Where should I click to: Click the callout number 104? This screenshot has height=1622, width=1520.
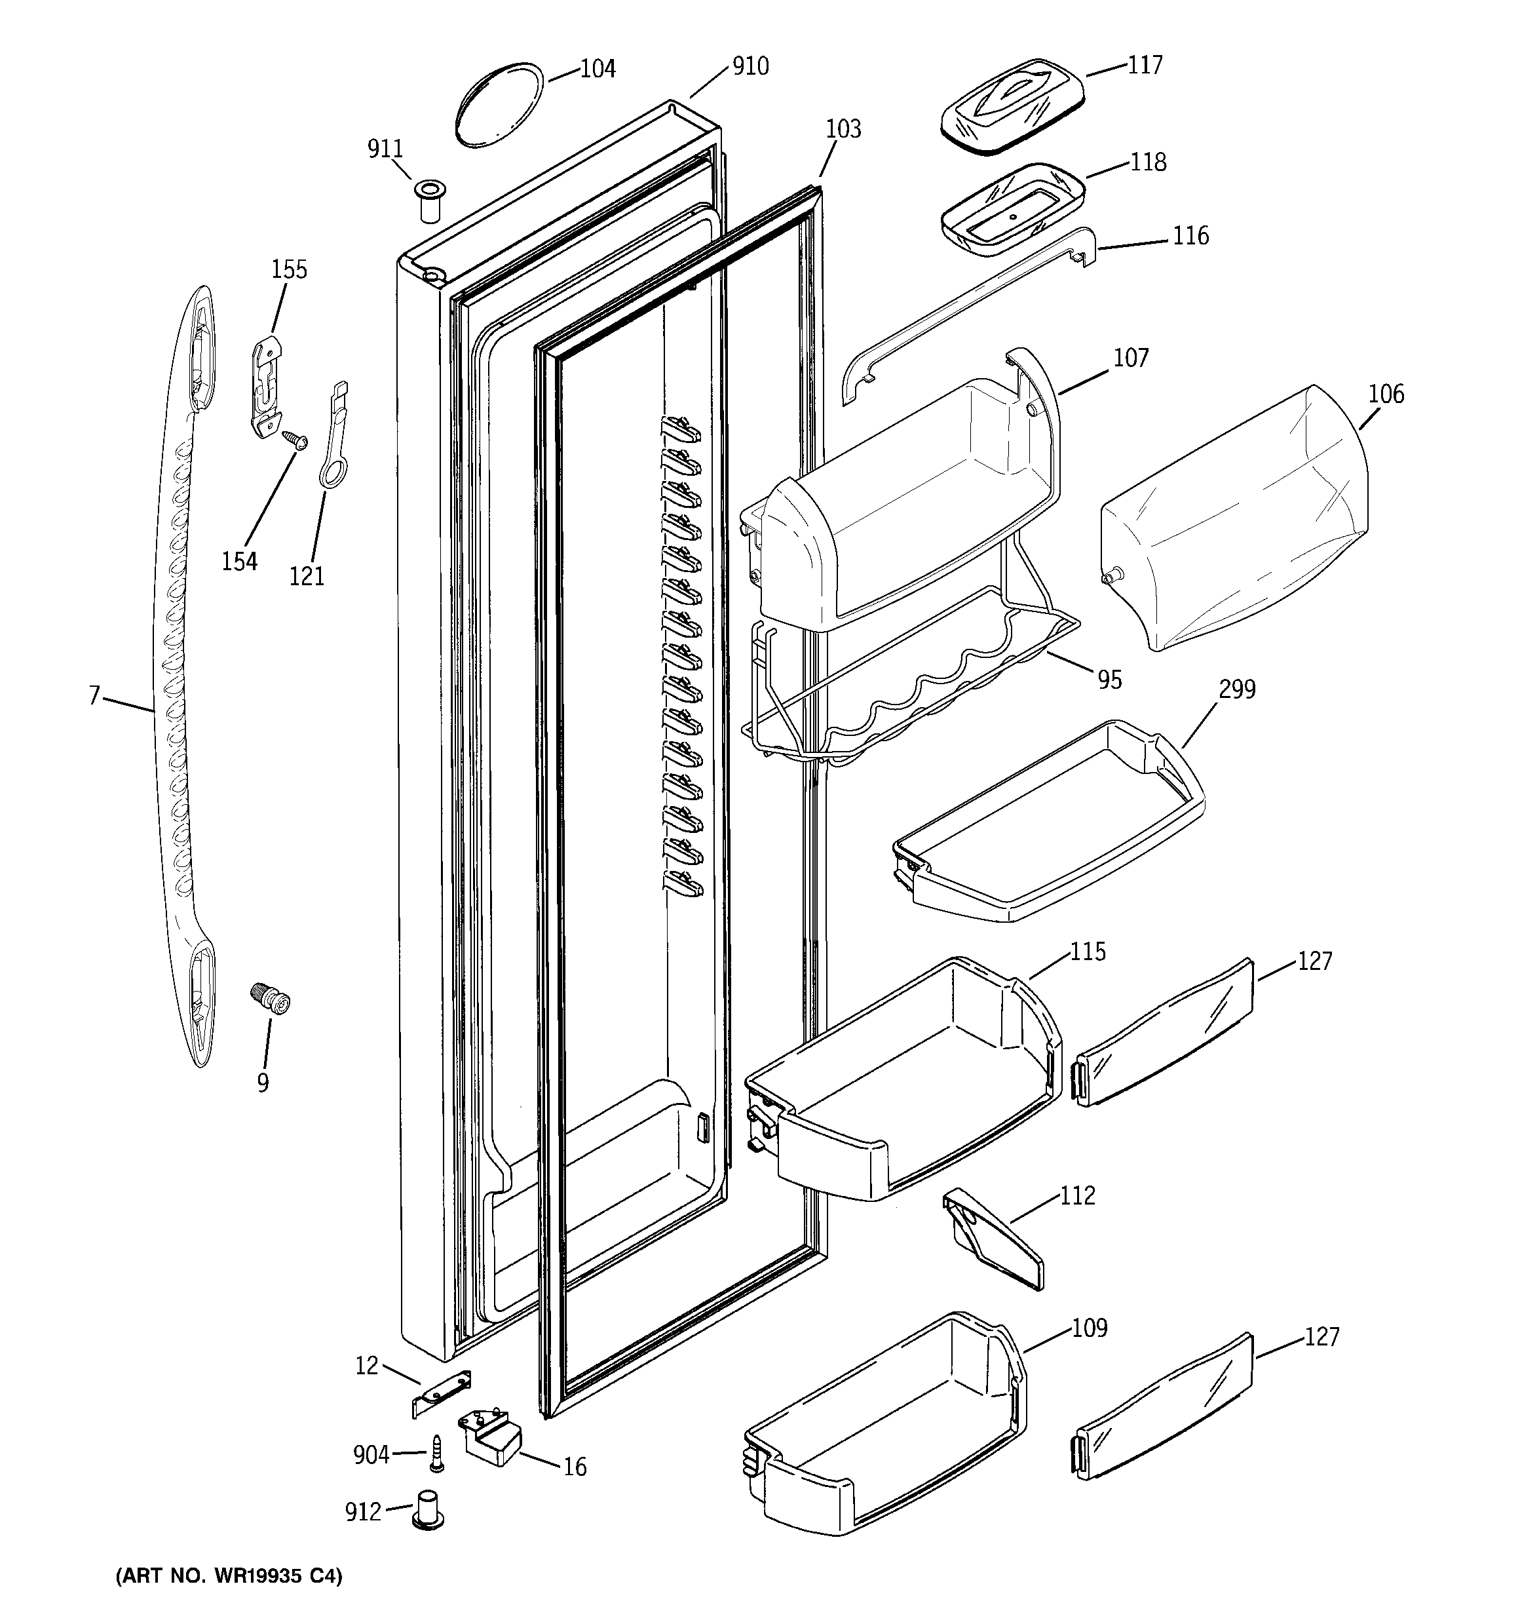point(598,69)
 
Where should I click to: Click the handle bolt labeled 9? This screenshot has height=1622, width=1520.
point(271,999)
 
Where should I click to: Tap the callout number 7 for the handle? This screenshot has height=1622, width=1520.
point(94,695)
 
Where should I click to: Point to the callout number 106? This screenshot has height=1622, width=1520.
point(1386,394)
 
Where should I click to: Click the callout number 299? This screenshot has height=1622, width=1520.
point(1237,689)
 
